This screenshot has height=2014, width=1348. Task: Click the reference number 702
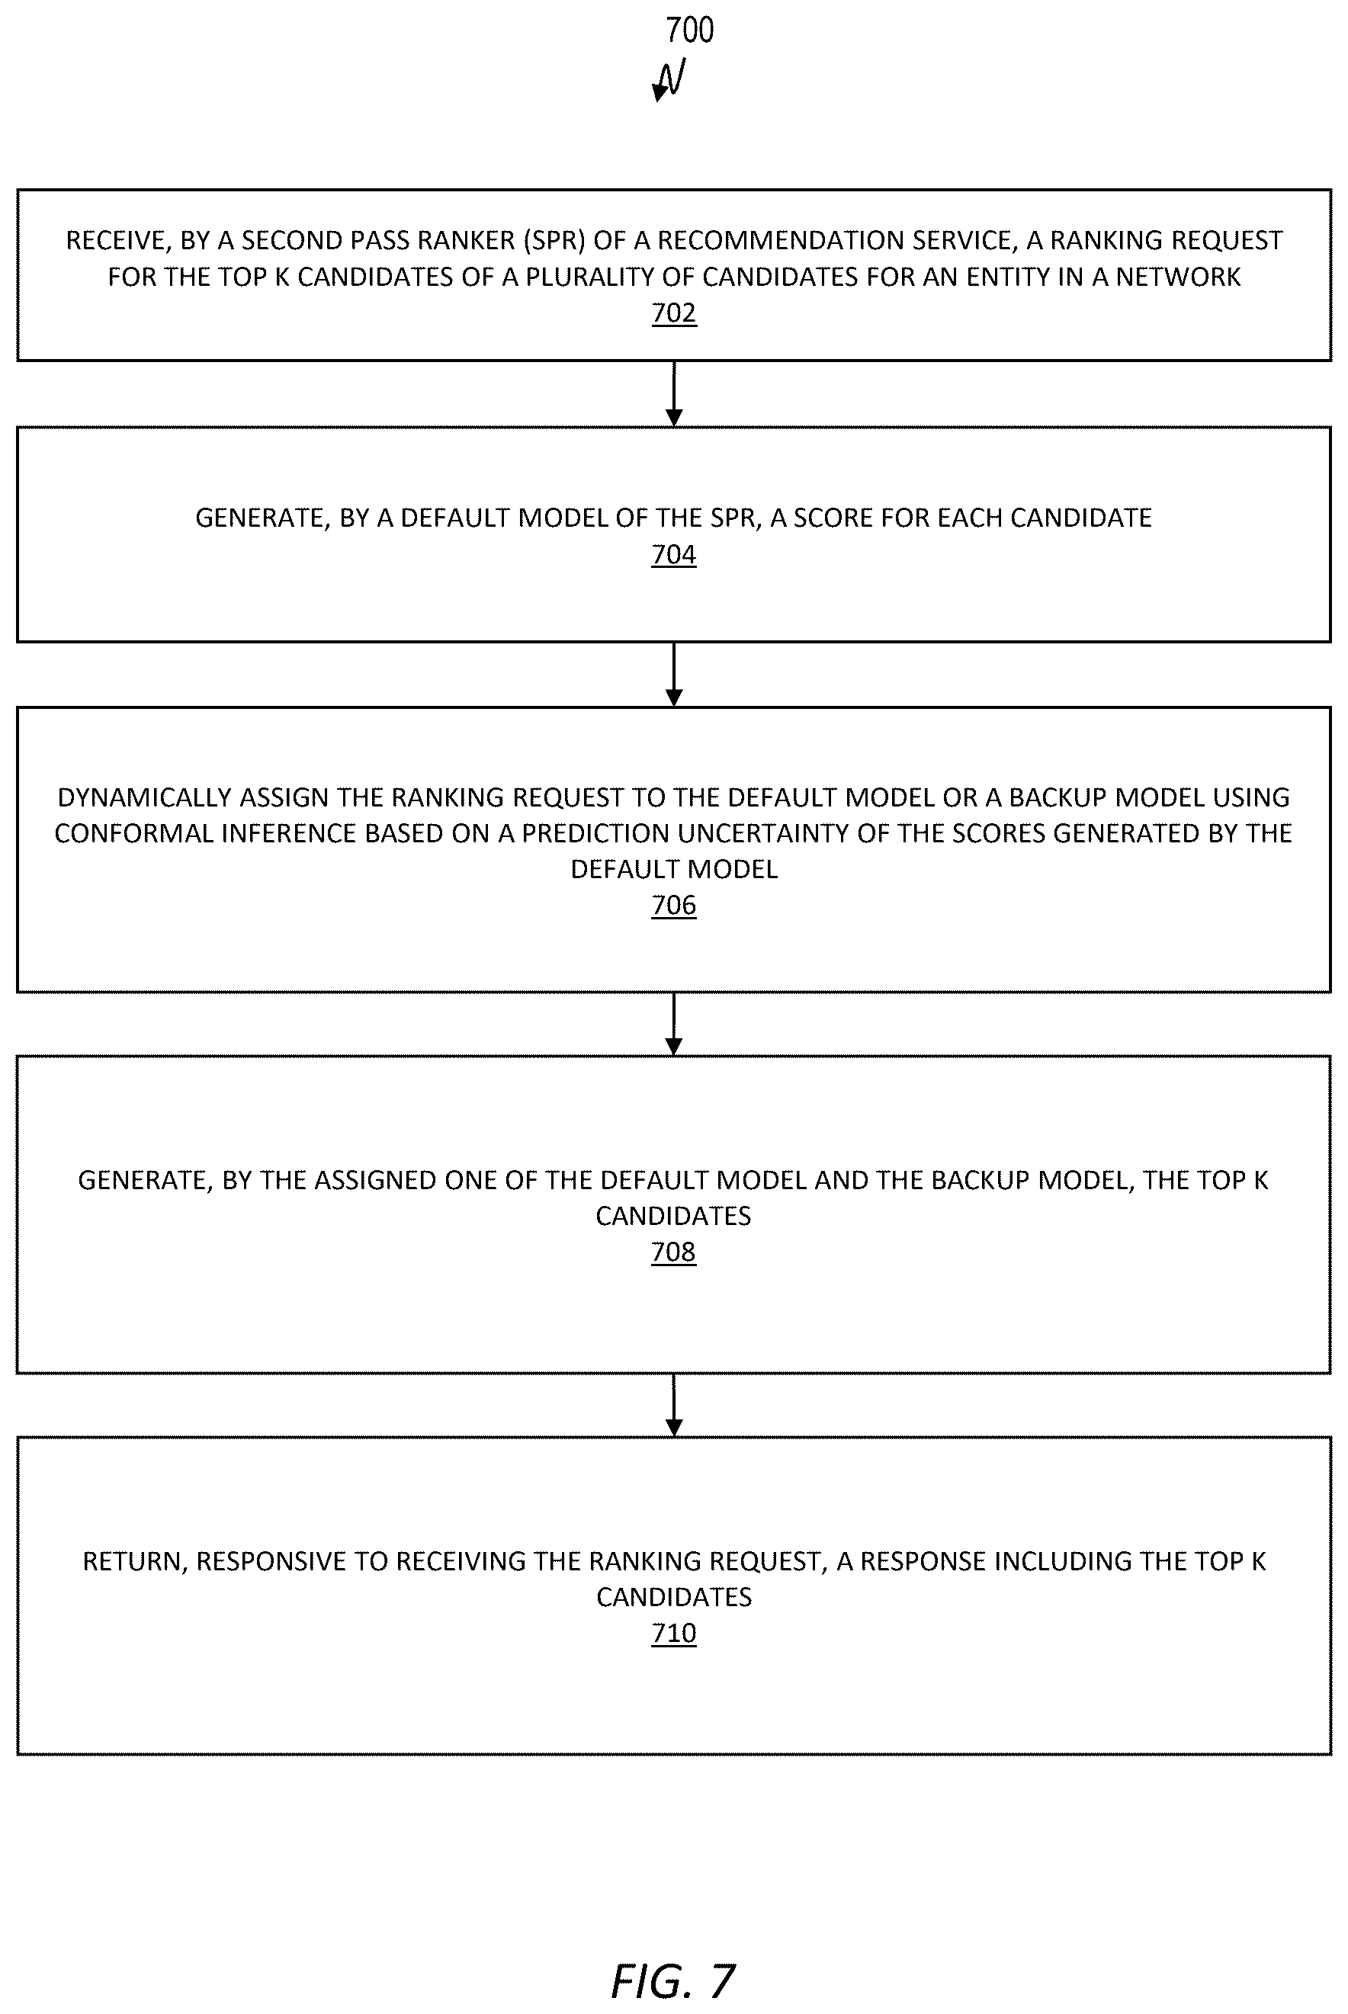click(x=674, y=313)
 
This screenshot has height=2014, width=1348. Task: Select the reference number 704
click(x=674, y=554)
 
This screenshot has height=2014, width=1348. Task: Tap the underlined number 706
click(x=674, y=905)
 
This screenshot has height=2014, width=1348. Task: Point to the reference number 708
click(x=674, y=1252)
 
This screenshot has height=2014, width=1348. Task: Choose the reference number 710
click(x=674, y=1633)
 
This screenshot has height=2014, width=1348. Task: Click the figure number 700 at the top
click(x=689, y=30)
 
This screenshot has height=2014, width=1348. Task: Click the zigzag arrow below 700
click(x=669, y=80)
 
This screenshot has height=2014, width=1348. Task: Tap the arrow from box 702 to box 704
click(x=674, y=393)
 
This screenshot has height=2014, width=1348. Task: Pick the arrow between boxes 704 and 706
click(x=674, y=675)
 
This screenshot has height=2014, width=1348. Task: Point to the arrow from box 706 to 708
click(x=674, y=1025)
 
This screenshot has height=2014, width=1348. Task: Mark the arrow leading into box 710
click(x=674, y=1406)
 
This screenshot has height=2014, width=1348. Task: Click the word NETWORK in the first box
click(x=1178, y=277)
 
